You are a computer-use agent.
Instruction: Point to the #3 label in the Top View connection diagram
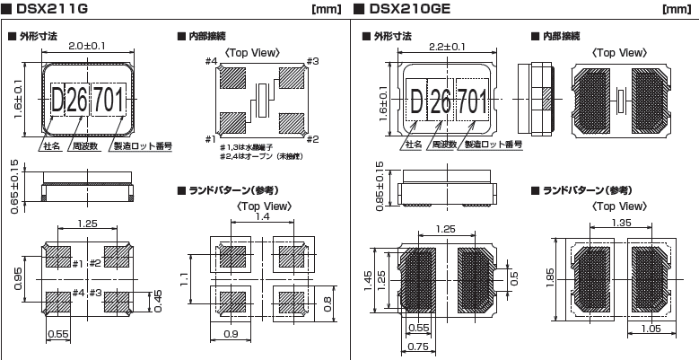click(x=313, y=62)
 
